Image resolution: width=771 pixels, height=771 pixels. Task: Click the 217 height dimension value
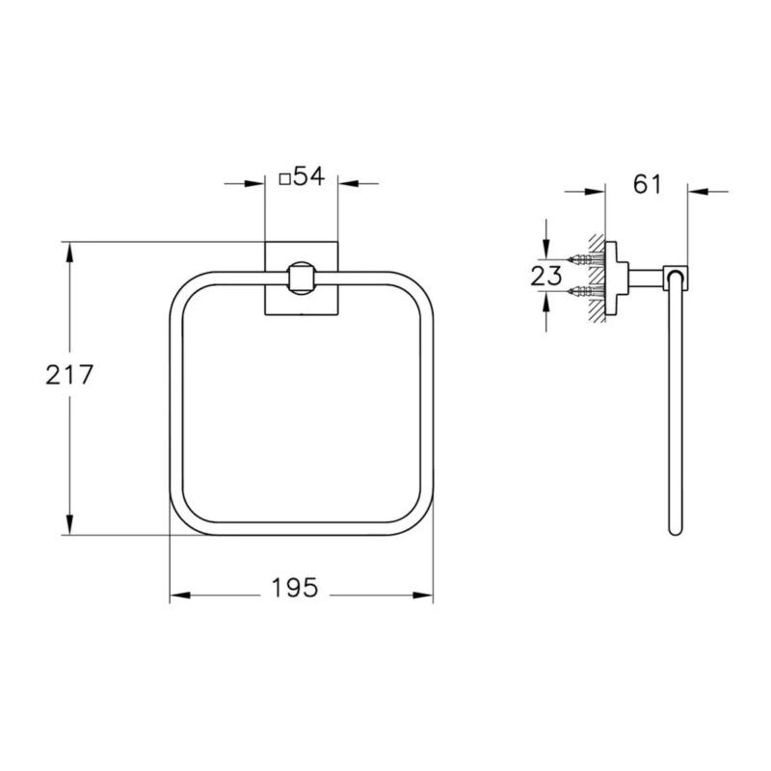tap(69, 375)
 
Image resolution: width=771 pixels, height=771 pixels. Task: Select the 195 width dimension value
tap(295, 588)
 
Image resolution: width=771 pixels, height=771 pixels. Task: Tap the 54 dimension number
tap(308, 176)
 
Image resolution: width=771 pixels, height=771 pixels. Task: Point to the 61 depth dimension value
tap(647, 184)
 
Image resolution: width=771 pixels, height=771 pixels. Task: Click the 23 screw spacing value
tap(545, 276)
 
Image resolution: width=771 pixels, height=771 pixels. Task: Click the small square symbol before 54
tap(284, 179)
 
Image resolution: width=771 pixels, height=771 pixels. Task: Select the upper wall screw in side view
tap(585, 258)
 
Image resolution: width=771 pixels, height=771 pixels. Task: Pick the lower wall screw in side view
tap(585, 292)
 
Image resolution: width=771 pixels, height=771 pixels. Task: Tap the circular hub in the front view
tap(301, 279)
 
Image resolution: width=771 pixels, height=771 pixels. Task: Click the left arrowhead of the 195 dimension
tap(179, 595)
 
